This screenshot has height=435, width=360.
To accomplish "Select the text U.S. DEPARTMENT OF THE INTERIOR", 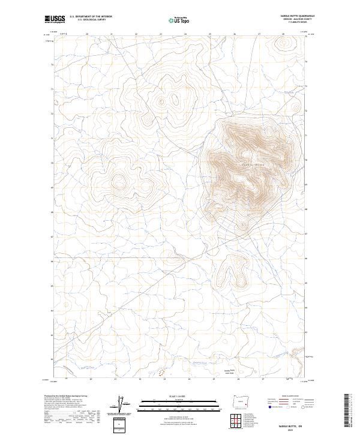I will click(x=91, y=17).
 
